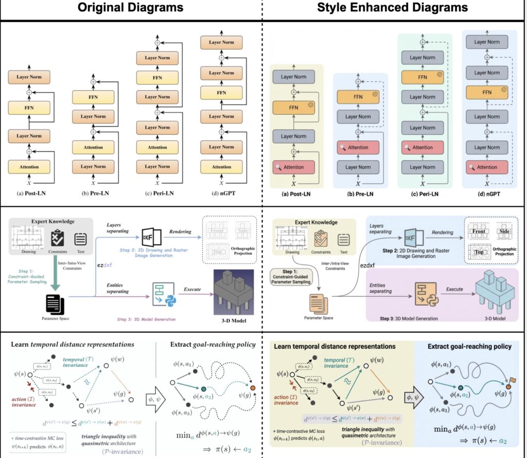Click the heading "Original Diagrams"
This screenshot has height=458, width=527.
coord(131,8)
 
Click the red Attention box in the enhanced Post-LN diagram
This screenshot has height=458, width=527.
coord(293,167)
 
